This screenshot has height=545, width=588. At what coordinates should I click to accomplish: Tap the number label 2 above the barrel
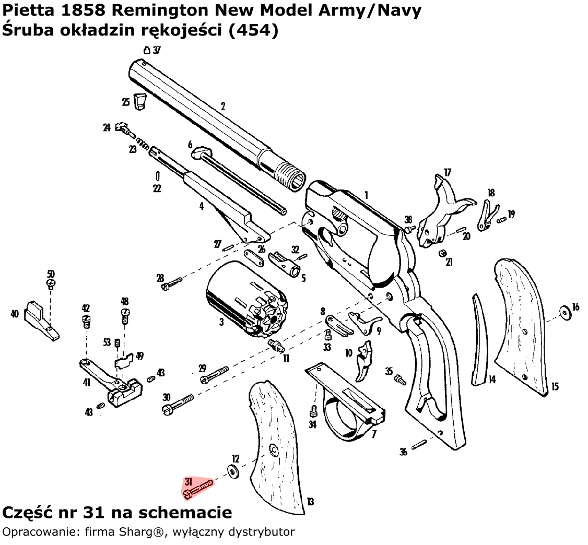tap(222, 105)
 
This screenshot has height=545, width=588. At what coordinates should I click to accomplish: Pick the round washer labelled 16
tap(564, 312)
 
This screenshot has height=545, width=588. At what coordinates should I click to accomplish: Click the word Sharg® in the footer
tap(127, 532)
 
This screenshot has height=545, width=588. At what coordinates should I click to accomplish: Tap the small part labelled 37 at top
tap(147, 50)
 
